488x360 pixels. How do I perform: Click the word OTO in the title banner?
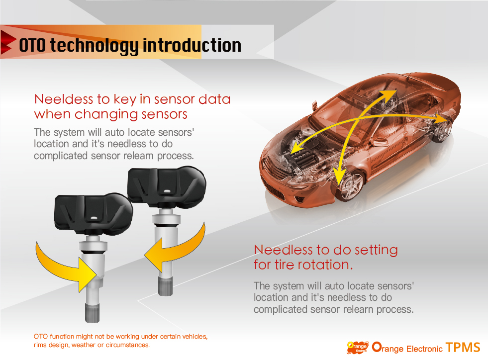[x=32, y=45]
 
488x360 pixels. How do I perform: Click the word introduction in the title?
[x=192, y=45]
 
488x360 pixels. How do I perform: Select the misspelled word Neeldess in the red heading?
[x=64, y=99]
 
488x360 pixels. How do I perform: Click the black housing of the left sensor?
[x=94, y=213]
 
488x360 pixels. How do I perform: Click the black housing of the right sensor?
[x=167, y=186]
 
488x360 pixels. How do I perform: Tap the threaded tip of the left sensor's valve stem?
[x=93, y=312]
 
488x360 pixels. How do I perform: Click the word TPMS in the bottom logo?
[x=463, y=348]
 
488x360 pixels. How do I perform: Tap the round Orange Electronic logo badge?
[x=357, y=348]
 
